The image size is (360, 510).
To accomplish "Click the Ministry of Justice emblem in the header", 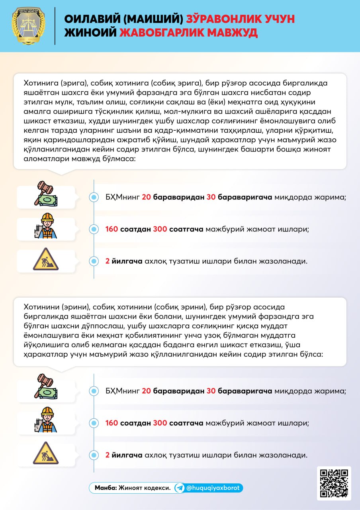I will click(28, 25).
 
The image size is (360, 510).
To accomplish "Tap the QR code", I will click(334, 483).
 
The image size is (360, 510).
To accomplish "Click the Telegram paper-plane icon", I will click(180, 488).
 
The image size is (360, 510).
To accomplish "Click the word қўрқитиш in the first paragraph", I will click(312, 131).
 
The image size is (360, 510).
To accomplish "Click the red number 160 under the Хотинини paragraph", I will click(112, 423).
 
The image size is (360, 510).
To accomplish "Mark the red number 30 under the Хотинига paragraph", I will click(211, 197).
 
